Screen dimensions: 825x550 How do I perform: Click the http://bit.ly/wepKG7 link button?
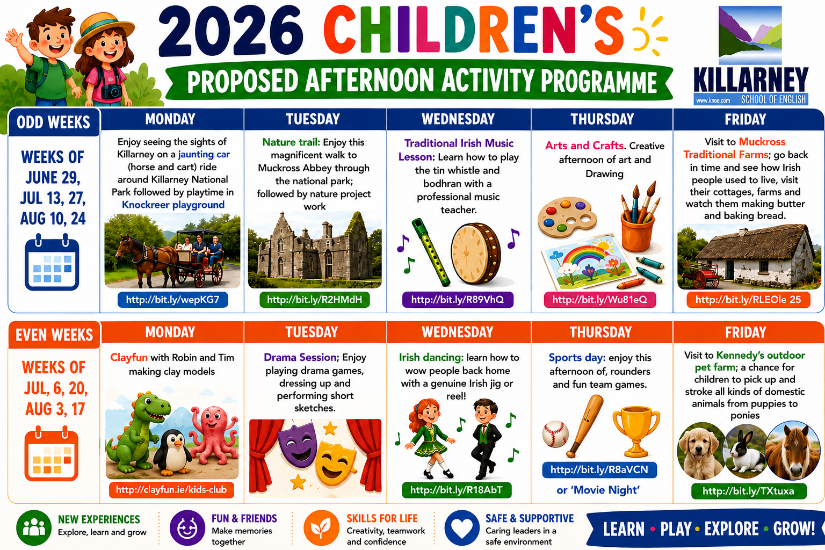tap(173, 300)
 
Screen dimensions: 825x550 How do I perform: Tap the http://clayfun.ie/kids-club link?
tap(171, 490)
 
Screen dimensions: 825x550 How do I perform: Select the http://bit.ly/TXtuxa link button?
tap(749, 491)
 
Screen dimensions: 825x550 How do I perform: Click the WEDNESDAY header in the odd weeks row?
tap(458, 119)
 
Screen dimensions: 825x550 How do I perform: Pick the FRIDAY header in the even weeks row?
tap(746, 332)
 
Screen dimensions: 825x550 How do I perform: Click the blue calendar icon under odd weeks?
tap(52, 262)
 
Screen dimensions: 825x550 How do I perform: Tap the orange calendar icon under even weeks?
tap(52, 453)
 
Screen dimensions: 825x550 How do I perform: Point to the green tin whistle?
tap(431, 252)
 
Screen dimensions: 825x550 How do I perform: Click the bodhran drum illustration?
tap(476, 254)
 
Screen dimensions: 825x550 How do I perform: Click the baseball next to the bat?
tap(555, 434)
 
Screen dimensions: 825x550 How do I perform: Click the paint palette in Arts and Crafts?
tap(567, 218)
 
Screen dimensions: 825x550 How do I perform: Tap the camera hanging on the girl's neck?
tap(111, 91)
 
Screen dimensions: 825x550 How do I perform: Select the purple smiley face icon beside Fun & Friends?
tap(187, 527)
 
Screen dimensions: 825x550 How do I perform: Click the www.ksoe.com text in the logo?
tap(713, 100)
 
